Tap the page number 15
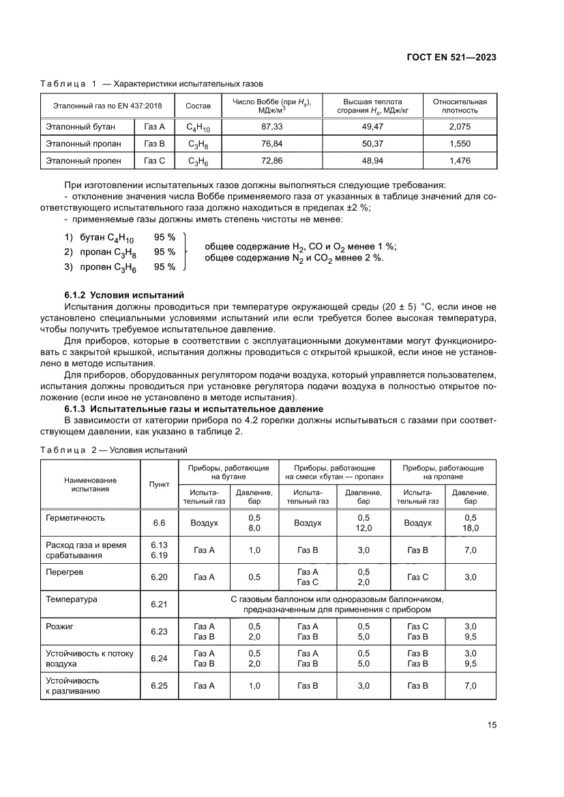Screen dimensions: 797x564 coord(491,725)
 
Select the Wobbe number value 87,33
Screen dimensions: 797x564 coord(271,127)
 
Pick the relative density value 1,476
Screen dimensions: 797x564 coord(460,161)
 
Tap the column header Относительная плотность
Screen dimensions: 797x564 coord(460,106)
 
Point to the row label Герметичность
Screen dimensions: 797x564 coord(75,517)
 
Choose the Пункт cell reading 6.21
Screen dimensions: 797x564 coord(159,604)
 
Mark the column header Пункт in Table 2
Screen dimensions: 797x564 coord(159,483)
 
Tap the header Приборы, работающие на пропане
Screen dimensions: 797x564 coord(443,472)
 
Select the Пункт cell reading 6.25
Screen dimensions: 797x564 coord(159,685)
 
